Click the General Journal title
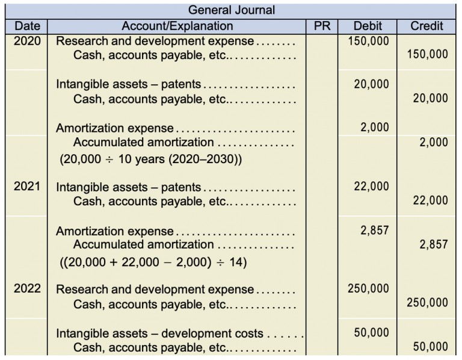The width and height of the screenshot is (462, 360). point(232,10)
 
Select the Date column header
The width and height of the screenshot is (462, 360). point(26,26)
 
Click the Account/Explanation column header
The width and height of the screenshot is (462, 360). point(177,26)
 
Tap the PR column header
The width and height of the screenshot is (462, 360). point(322,26)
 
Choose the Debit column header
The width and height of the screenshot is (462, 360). point(367,26)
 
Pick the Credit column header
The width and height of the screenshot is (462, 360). point(427,26)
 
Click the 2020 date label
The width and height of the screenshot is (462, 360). point(26,42)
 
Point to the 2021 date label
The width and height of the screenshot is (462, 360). point(26,187)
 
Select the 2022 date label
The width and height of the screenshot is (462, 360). point(26,288)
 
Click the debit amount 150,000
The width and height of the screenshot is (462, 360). point(369,42)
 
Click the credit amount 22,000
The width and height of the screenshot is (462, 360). point(430,200)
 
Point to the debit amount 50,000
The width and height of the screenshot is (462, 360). point(371,332)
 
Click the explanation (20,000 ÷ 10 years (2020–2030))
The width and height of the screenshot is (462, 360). point(150,161)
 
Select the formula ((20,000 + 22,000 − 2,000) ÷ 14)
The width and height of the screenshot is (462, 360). point(153,262)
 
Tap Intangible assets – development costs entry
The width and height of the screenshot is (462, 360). point(160,333)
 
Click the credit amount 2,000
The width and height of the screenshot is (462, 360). point(433,143)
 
